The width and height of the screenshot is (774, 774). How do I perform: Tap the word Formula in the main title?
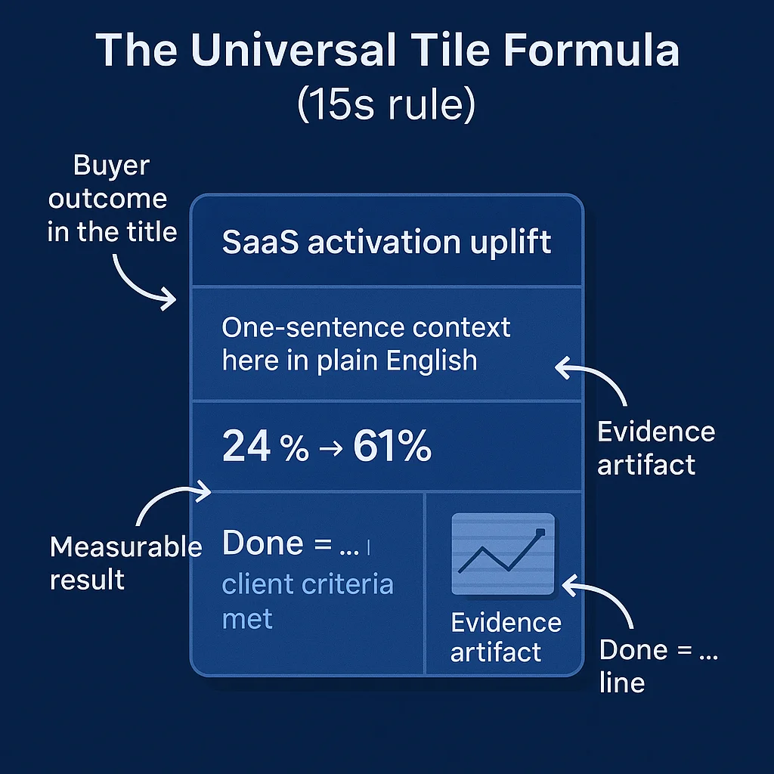pyautogui.click(x=590, y=51)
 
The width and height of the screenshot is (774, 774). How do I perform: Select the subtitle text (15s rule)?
pyautogui.click(x=386, y=104)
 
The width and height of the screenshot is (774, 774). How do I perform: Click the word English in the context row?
pyautogui.click(x=432, y=361)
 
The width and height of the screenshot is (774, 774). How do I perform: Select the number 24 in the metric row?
pyautogui.click(x=246, y=447)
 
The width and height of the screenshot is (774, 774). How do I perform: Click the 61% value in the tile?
pyautogui.click(x=392, y=447)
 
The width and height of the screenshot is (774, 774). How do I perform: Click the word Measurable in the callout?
pyautogui.click(x=125, y=547)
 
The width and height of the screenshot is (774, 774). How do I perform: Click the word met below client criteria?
pyautogui.click(x=247, y=619)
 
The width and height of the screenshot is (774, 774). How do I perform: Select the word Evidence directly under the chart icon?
pyautogui.click(x=506, y=623)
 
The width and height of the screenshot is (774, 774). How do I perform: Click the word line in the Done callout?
pyautogui.click(x=622, y=683)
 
